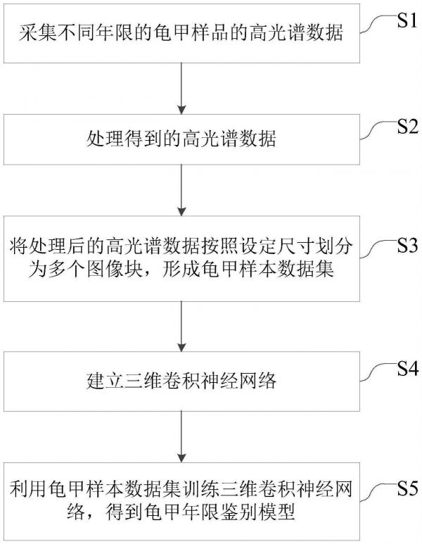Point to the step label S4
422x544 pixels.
(406, 367)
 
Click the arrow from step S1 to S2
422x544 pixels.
(182, 88)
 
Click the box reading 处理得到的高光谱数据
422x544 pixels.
(182, 139)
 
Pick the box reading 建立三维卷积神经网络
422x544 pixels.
(182, 381)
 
